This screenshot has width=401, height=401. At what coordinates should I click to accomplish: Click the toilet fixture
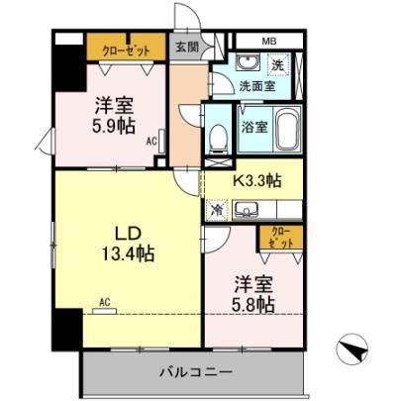pos(219,139)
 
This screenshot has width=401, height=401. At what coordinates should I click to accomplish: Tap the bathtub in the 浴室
pos(288,129)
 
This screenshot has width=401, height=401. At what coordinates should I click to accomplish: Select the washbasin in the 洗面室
pos(248,62)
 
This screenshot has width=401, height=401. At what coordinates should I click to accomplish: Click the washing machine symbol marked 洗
pos(278,64)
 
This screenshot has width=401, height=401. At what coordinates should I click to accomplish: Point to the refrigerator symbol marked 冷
pos(217,210)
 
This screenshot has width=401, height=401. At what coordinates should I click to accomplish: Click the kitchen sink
pos(246,210)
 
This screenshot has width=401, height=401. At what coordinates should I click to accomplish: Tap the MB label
pos(269,42)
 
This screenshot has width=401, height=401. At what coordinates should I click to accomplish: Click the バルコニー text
pos(196,373)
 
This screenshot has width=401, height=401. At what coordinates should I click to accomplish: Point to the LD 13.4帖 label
pos(128,244)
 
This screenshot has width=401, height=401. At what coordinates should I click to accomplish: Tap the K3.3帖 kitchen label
pos(256,180)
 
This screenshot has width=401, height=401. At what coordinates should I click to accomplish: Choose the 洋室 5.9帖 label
pos(114,116)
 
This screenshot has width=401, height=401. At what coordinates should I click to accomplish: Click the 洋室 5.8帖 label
pos(253,295)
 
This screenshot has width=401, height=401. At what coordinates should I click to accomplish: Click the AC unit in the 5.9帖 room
pos(161,141)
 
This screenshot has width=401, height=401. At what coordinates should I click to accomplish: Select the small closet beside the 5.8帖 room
pos(281,238)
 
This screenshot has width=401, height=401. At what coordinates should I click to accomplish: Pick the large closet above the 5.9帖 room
pos(126,47)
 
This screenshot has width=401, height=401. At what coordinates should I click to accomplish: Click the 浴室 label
pos(254,127)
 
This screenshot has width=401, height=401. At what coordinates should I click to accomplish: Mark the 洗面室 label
pos(257,86)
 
